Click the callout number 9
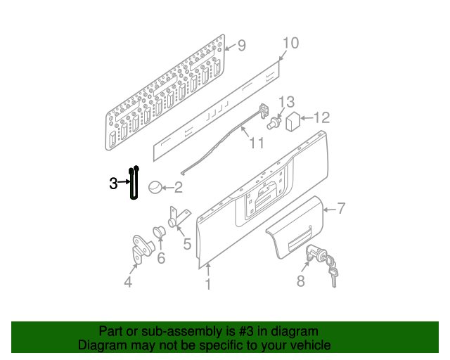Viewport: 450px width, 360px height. tap(242, 46)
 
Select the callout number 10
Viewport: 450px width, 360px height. tap(290, 43)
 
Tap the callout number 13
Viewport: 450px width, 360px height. tap(286, 102)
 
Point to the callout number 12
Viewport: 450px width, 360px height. tap(322, 117)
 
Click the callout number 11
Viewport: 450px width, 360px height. tap(256, 143)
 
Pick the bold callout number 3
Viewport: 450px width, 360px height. tap(113, 183)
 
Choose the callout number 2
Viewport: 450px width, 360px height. tap(178, 187)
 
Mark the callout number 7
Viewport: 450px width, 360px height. tap(341, 208)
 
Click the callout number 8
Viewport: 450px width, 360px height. tap(300, 281)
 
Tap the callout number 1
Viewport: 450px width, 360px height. tap(208, 284)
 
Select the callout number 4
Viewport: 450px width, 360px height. tap(128, 282)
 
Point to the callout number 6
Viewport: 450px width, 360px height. tap(161, 258)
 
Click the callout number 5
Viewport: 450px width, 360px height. tap(187, 244)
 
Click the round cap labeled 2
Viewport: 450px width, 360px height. tap(155, 187)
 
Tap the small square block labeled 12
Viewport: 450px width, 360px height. tap(292, 122)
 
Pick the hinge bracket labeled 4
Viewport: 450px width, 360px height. tap(142, 249)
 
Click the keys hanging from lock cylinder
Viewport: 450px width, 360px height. tap(333, 269)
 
